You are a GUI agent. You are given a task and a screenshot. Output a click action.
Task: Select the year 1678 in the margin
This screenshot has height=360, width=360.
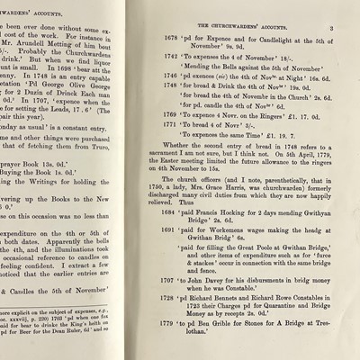(171, 40)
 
